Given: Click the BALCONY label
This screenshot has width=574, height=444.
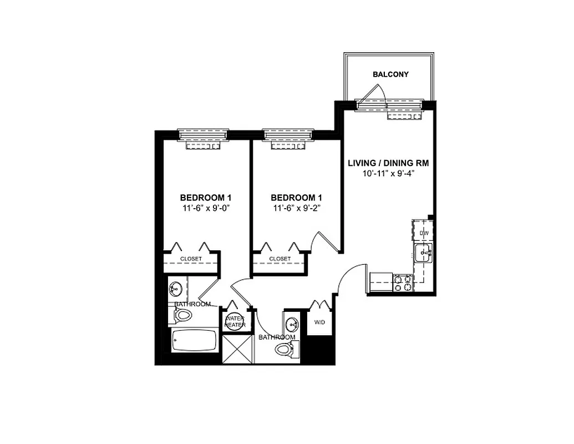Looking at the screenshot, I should click(x=390, y=74).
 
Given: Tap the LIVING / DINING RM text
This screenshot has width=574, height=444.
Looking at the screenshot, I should click(x=388, y=163).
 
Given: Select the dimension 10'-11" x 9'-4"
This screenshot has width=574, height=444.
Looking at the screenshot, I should click(x=388, y=173).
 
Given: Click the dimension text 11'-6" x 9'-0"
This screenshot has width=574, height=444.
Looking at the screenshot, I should click(x=205, y=208).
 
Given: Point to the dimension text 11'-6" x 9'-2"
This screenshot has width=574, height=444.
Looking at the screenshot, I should click(x=296, y=208).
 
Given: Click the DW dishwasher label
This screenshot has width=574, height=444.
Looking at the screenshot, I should click(x=424, y=233).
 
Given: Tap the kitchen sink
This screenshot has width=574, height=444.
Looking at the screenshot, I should click(x=424, y=254).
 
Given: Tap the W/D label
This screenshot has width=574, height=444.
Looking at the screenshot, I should click(x=319, y=322).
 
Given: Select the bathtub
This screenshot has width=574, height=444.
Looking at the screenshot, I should click(x=194, y=340).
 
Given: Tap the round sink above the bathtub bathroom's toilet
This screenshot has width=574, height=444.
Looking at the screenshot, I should click(x=176, y=289).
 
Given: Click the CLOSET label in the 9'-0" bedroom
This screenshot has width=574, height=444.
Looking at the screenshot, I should click(x=191, y=259).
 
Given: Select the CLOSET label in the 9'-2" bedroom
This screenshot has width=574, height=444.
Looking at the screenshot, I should click(x=280, y=259).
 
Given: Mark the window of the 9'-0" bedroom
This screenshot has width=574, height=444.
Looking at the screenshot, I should click(x=202, y=134).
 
